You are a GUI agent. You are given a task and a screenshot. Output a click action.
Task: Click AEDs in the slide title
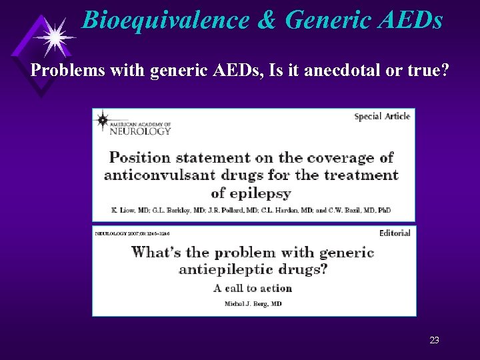pyautogui.click(x=412, y=20)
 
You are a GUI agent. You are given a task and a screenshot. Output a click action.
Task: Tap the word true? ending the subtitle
pyautogui.click(x=427, y=70)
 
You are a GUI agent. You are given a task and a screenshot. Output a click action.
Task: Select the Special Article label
pyautogui.click(x=382, y=116)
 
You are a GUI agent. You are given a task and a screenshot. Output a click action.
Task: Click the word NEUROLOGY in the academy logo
pyautogui.click(x=141, y=131)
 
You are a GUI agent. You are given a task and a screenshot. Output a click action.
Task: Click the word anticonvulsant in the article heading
pyautogui.click(x=154, y=175)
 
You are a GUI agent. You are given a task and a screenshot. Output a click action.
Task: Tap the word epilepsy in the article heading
pyautogui.click(x=261, y=193)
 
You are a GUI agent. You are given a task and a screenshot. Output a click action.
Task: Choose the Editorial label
pyautogui.click(x=394, y=233)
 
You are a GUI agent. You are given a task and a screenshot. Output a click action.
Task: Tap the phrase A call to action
pyautogui.click(x=253, y=288)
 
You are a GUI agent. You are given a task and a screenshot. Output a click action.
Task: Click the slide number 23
pyautogui.click(x=434, y=341)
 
